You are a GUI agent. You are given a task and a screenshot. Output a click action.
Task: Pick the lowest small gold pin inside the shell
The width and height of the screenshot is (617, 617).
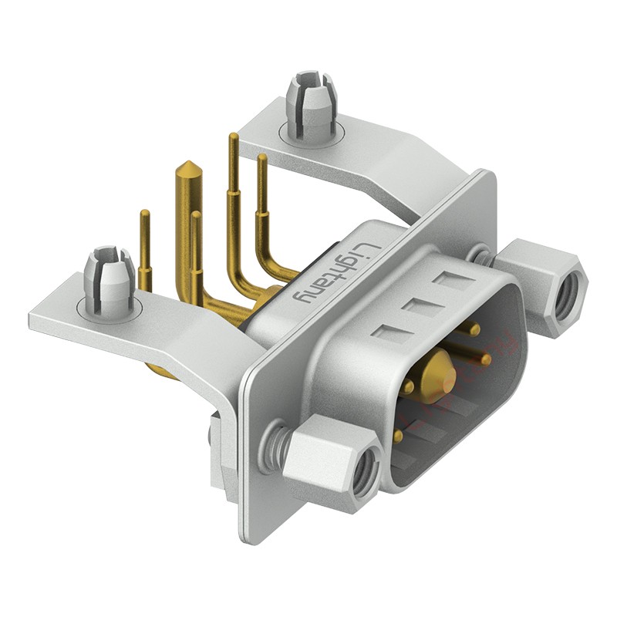click(x=398, y=437)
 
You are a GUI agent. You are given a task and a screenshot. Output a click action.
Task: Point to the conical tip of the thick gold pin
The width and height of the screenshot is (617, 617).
click(x=186, y=169)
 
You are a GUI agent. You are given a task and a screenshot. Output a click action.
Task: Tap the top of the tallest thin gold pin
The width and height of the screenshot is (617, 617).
click(x=232, y=137)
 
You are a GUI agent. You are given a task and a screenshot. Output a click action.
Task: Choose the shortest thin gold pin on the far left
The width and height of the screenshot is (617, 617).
click(x=144, y=239)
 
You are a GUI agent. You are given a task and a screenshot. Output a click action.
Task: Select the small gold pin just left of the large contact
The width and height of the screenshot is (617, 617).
click(x=408, y=385)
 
